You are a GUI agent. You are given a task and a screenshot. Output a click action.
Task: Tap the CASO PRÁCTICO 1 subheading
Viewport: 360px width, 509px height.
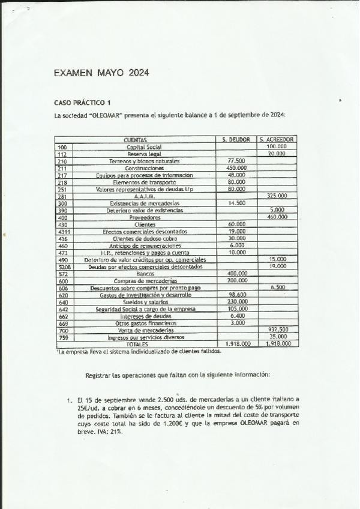coord(79,103)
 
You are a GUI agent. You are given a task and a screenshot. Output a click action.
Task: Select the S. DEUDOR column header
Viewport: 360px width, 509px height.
coord(236,139)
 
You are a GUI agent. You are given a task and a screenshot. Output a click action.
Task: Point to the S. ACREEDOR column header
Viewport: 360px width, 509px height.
coord(275,139)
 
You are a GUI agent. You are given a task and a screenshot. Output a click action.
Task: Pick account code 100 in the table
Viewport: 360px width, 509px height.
coord(62,146)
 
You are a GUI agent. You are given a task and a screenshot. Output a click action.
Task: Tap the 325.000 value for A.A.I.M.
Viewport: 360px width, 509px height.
coord(276,196)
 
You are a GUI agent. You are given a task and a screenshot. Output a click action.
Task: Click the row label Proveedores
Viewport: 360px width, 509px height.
coord(145,217)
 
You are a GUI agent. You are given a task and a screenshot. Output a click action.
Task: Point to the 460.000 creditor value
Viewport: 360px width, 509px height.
coord(276,217)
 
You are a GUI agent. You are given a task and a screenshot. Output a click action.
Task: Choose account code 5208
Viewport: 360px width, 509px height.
coord(64,267)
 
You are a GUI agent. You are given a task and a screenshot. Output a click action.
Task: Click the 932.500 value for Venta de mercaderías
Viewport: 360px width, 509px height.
coord(277,330)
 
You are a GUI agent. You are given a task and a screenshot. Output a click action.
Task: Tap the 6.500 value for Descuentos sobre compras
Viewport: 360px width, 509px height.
coord(277,288)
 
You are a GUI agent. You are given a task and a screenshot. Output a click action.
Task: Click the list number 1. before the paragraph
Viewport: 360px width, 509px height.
coord(69,399)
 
